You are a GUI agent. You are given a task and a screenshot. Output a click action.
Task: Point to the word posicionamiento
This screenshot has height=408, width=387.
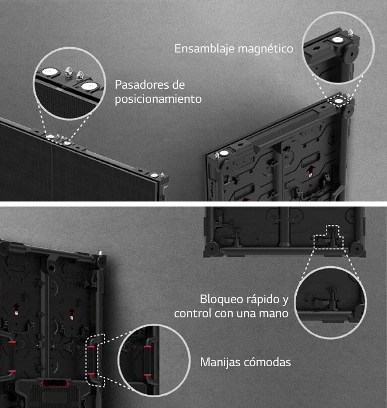click(x=158, y=99)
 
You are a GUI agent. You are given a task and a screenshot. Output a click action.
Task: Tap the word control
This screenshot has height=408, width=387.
click(x=193, y=313)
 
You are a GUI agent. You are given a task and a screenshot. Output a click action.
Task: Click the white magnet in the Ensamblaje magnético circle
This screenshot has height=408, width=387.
click(x=338, y=39)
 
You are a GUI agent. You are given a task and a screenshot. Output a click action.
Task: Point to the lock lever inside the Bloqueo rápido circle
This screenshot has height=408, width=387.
click(x=332, y=297)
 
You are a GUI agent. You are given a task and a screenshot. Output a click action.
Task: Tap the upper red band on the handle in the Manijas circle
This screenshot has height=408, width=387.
click(x=147, y=347)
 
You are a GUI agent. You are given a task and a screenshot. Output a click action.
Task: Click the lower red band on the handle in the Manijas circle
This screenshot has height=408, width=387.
click(x=147, y=375)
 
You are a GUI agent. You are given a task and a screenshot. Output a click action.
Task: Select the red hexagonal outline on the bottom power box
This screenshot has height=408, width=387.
click(x=54, y=383)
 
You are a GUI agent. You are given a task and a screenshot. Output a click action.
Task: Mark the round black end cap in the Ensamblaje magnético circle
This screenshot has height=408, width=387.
click(x=351, y=54)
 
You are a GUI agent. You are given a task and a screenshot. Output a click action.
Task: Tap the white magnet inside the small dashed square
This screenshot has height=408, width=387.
click(x=339, y=101)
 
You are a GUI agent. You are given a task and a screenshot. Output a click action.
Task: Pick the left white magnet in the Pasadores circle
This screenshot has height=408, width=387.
click(x=49, y=72)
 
